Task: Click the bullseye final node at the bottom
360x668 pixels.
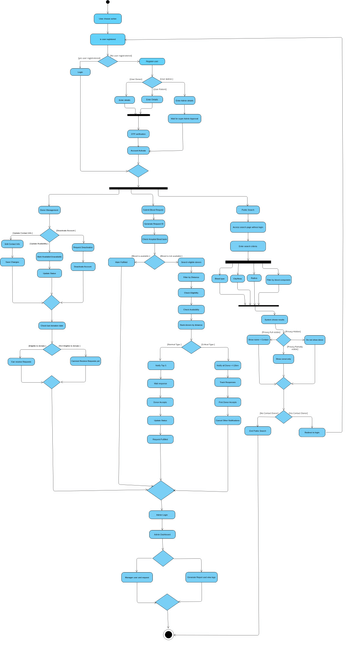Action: click(168, 634)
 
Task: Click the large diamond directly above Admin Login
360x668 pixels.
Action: click(160, 490)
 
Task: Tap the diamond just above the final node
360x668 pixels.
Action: click(167, 602)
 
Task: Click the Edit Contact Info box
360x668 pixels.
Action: click(12, 243)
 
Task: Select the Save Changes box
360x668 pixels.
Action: click(12, 262)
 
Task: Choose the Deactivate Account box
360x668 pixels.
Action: click(83, 247)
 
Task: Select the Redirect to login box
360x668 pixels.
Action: click(312, 432)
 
